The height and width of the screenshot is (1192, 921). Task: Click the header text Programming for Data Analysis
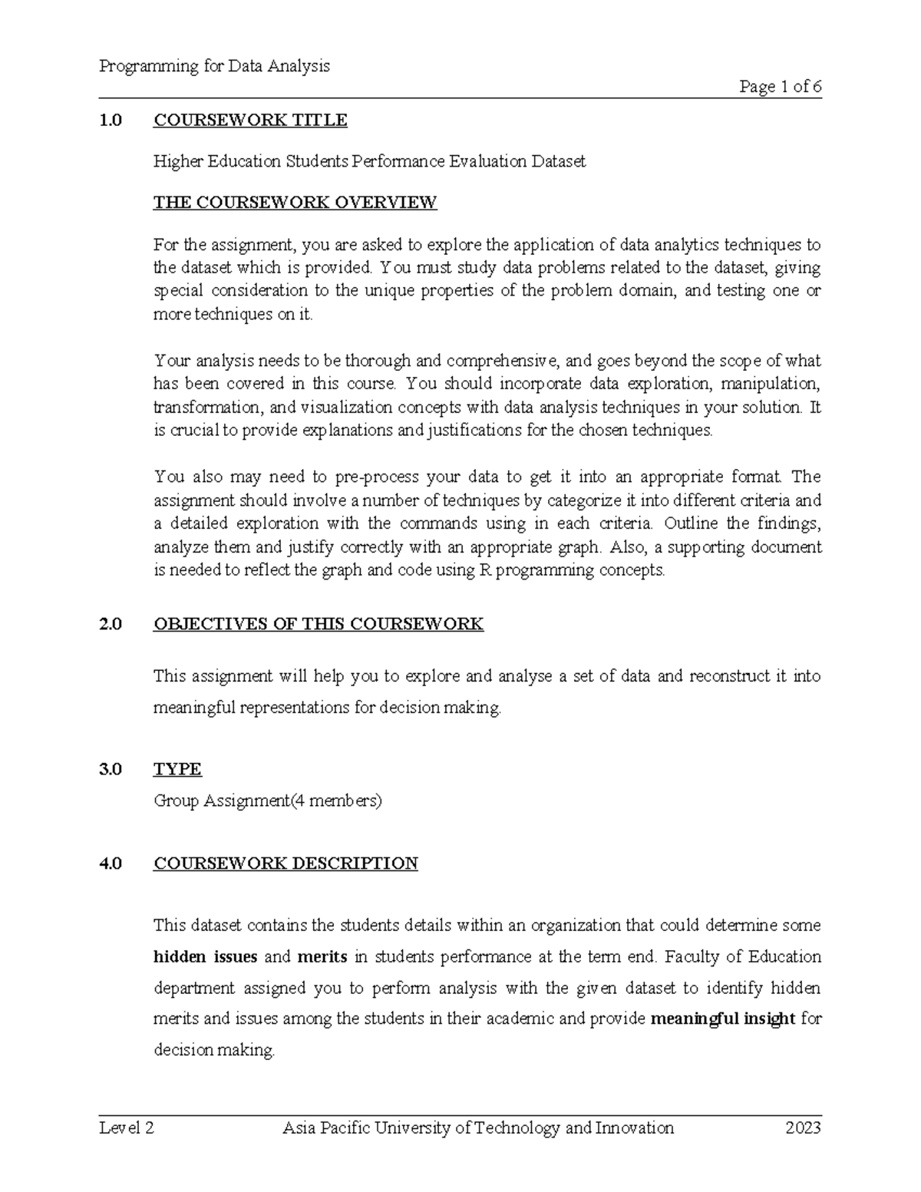tap(214, 66)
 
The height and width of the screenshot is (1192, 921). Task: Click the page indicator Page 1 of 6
tap(780, 87)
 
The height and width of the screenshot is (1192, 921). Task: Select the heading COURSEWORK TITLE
tap(250, 120)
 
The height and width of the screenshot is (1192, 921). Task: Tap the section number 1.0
tap(111, 120)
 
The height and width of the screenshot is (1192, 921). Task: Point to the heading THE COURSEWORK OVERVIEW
tap(295, 203)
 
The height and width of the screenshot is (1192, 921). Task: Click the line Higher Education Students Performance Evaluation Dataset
tap(369, 161)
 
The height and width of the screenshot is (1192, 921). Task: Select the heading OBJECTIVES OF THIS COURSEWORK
tap(318, 623)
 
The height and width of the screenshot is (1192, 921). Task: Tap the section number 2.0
tap(111, 623)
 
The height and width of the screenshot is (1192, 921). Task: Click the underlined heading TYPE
tap(177, 769)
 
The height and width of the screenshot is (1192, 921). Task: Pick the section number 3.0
tap(111, 769)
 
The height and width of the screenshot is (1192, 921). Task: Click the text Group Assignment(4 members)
tap(267, 801)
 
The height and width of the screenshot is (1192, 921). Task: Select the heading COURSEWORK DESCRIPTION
tap(286, 863)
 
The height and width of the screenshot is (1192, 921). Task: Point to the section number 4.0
tap(111, 863)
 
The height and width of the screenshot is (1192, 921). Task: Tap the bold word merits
tap(322, 956)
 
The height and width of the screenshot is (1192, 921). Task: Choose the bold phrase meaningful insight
tap(722, 1019)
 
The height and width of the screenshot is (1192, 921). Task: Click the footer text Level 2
tap(127, 1128)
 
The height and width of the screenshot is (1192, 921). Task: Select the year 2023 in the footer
tap(803, 1128)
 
